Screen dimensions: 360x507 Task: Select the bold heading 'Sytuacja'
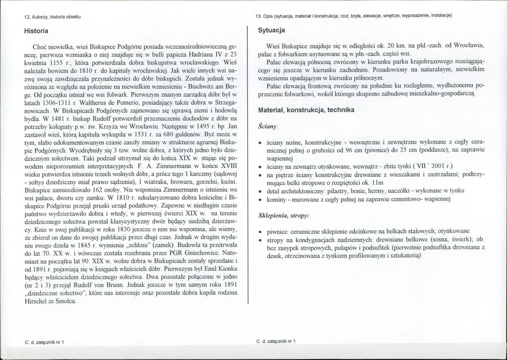coord(271,30)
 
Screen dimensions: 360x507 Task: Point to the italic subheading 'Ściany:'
coord(268,126)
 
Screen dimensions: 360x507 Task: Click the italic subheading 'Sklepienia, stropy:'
coord(283,215)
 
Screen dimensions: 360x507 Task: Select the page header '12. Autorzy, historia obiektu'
coord(52,16)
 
